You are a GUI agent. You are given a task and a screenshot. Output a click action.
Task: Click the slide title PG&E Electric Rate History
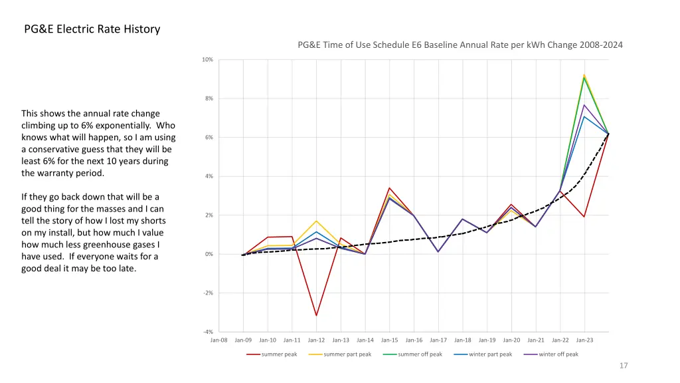pyautogui.click(x=92, y=29)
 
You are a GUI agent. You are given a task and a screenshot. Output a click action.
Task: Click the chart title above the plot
pyautogui.click(x=460, y=45)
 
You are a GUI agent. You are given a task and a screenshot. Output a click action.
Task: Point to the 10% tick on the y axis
pyautogui.click(x=208, y=60)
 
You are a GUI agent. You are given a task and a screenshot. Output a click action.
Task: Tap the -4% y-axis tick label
pyautogui.click(x=208, y=332)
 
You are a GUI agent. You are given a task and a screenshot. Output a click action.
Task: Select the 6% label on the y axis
pyautogui.click(x=209, y=138)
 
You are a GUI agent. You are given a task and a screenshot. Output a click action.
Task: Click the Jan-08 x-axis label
pyautogui.click(x=218, y=340)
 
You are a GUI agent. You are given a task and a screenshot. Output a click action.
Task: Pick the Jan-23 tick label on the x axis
pyautogui.click(x=584, y=340)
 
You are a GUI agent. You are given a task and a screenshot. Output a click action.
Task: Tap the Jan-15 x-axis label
pyautogui.click(x=389, y=340)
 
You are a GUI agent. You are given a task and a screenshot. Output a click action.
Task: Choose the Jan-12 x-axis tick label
pyautogui.click(x=316, y=340)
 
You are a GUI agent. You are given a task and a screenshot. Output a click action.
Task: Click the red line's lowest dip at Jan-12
pyautogui.click(x=316, y=315)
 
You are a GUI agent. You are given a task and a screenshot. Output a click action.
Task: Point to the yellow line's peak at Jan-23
pyautogui.click(x=584, y=75)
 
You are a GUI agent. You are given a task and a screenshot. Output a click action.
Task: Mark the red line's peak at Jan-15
pyautogui.click(x=389, y=188)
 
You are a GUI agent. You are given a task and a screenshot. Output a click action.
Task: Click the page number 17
pyautogui.click(x=623, y=366)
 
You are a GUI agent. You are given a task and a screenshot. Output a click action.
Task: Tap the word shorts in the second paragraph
pyautogui.click(x=152, y=221)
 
